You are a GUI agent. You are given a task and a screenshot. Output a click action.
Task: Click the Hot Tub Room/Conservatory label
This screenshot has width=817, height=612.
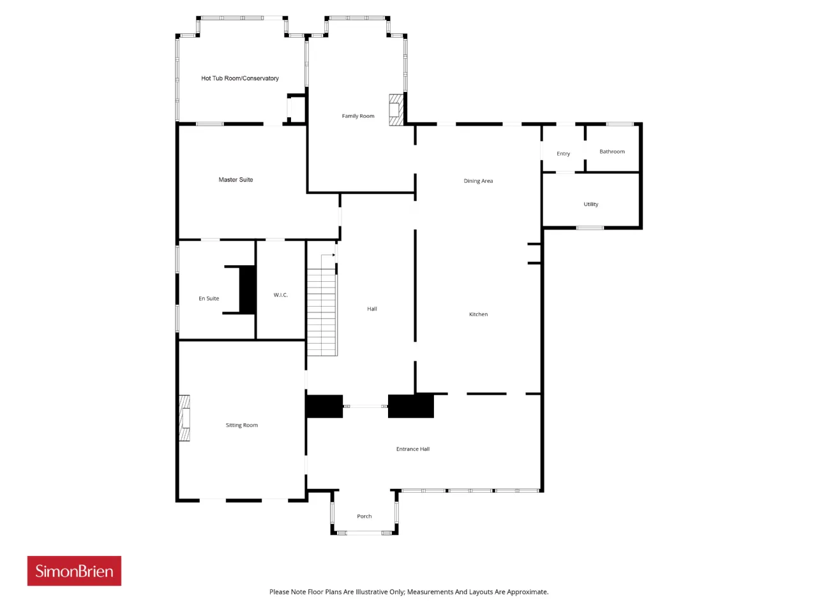tap(240, 78)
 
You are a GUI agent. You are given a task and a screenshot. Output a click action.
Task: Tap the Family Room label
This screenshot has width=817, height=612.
tap(358, 116)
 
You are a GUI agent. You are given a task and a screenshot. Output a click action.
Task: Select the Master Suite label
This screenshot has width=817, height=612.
tap(236, 180)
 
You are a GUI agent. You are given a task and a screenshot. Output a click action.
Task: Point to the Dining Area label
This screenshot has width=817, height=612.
tap(478, 181)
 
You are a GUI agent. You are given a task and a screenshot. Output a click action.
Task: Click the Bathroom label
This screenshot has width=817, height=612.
tap(612, 152)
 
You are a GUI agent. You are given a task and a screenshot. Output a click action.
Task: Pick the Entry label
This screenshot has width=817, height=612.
tap(563, 154)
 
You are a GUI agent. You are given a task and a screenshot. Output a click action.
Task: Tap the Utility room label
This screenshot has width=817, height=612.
tap(590, 205)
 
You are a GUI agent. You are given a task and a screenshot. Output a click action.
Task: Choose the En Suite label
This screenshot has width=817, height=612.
tap(209, 298)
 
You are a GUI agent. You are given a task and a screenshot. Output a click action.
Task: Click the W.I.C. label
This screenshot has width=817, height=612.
tap(281, 295)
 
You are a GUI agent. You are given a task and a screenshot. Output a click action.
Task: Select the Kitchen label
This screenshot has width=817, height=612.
tap(478, 314)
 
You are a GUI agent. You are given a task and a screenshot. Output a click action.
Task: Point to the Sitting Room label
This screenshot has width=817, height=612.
tap(241, 425)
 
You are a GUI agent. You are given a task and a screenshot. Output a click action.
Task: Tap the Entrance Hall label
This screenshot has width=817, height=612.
tap(413, 449)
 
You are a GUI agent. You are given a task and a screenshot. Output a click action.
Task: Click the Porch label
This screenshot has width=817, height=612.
tap(364, 516)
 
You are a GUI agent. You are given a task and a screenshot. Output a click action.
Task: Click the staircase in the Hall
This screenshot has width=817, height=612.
tap(322, 312)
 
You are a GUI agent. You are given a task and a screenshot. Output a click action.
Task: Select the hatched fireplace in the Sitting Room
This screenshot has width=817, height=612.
tap(184, 418)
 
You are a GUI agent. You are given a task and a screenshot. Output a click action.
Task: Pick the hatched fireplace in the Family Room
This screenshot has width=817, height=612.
tap(396, 110)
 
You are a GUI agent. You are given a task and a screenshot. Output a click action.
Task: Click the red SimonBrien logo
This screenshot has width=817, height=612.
tap(74, 571)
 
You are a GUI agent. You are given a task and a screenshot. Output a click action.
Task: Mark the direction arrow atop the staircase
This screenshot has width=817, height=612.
tap(328, 255)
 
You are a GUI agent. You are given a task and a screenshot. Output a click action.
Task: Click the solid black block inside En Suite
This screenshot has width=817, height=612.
tap(247, 289)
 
